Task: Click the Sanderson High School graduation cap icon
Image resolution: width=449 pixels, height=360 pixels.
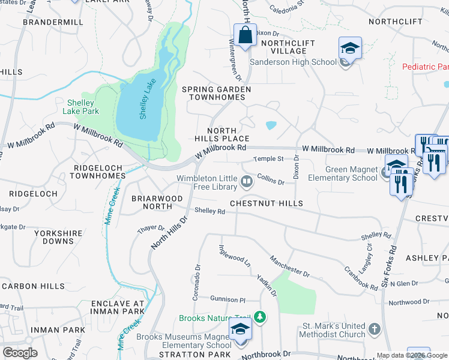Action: coord(350,48)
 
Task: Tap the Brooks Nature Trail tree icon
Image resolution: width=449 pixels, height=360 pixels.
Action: coord(260,316)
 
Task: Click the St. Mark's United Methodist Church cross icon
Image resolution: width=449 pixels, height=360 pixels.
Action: coord(374,329)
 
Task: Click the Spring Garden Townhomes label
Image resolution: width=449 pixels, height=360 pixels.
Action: coord(217,94)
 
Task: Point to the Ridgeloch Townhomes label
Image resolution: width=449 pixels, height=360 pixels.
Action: coord(98,172)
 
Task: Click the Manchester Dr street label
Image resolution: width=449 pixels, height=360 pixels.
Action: coord(289,265)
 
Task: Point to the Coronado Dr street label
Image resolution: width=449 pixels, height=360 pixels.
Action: coord(197,277)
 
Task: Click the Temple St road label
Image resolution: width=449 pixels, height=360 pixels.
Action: coord(268,159)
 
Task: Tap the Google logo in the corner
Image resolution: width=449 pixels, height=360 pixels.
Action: coord(20,353)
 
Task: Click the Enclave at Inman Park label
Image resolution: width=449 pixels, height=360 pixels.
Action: coord(118,307)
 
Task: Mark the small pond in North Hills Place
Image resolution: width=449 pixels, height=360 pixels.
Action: coord(271,125)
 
